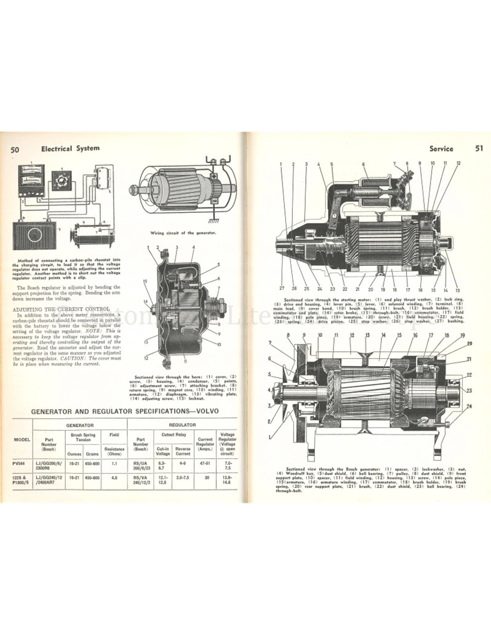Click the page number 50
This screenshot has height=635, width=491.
point(14,150)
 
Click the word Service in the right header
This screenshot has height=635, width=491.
point(441,149)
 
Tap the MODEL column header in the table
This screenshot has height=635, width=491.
point(22,439)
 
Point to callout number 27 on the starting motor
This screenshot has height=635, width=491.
point(282,288)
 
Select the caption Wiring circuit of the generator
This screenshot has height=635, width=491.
point(181,232)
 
